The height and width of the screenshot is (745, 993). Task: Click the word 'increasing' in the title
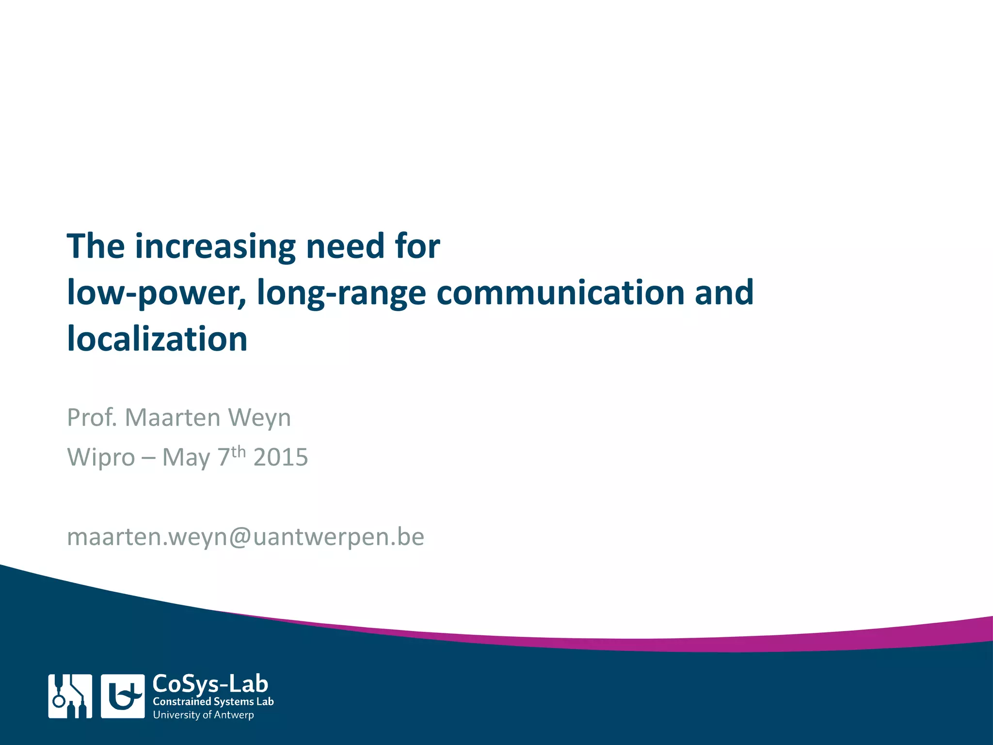pos(215,246)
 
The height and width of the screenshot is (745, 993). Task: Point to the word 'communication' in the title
pos(560,292)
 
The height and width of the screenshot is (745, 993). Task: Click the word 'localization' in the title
pos(157,339)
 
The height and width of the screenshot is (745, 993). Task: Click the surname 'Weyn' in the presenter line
pos(259,418)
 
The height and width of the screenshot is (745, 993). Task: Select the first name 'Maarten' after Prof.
pos(172,417)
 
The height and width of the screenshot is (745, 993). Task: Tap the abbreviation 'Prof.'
pos(92,417)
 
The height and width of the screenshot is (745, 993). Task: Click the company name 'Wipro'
pos(101,457)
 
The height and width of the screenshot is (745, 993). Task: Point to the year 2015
pos(280,457)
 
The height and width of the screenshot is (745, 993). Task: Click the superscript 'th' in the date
pos(238,452)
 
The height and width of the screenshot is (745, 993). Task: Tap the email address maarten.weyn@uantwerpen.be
pos(245,537)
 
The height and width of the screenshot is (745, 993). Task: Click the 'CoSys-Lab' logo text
pos(210,684)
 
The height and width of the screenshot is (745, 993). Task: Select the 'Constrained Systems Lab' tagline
pos(213,702)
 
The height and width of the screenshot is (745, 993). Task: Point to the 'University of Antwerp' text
pos(203,715)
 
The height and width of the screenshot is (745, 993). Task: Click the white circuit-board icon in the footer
pos(70,696)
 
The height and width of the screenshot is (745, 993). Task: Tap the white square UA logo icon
pos(123,696)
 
